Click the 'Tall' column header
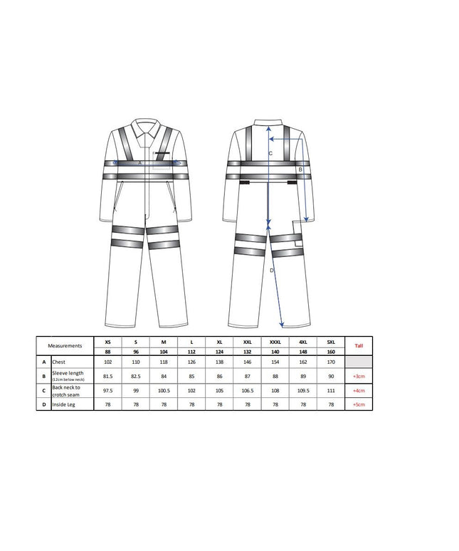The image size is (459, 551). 359,345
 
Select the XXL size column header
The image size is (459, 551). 247,342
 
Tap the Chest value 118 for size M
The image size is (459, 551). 164,362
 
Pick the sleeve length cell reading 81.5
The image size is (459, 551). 107,376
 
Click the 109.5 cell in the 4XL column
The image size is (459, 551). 302,391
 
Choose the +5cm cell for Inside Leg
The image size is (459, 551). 359,404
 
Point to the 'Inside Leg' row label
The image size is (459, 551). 68,404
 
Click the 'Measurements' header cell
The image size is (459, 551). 65,345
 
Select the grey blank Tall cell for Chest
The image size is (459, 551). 359,362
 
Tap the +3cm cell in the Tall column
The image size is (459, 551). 359,376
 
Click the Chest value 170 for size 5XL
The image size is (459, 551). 330,362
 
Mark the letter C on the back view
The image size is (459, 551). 270,153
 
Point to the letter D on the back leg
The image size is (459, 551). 271,271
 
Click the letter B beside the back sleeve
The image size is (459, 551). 300,170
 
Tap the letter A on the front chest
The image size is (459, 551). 140,163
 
